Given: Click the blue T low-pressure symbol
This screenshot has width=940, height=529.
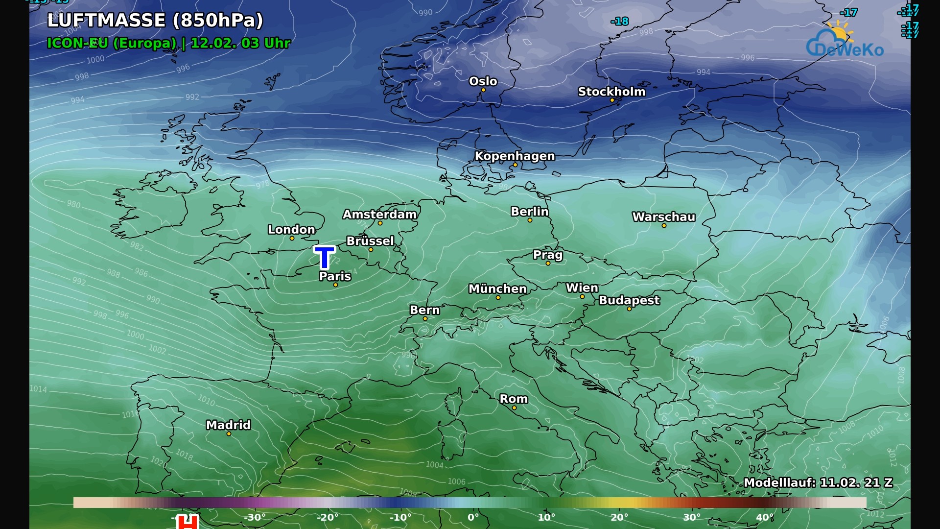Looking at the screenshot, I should coord(324,257).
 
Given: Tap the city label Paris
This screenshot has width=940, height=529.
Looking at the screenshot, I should coord(335,276).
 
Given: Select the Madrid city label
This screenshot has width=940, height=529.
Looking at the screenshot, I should coord(228,425).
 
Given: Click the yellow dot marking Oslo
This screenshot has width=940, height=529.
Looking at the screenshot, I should coord(483,90).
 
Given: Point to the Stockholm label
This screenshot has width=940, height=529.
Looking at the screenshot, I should coord(611,92).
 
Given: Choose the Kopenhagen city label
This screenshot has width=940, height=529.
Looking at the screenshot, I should coord(515,156).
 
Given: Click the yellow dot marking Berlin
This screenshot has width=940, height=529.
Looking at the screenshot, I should coord(530,220).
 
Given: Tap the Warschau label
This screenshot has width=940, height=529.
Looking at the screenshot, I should coord(663,217).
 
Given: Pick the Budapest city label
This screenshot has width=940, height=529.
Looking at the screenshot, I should coord(629,300).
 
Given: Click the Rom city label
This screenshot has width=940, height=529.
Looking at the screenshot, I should coord(514,399).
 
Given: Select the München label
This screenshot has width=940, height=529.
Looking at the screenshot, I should coord(497,289).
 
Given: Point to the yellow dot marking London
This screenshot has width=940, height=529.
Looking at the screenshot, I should coord(292,239).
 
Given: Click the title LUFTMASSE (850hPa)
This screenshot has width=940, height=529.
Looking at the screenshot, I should coord(155,21).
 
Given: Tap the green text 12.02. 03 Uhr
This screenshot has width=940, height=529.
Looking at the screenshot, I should coord(240,43).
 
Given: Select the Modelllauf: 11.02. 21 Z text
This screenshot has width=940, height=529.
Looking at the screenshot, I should coord(818,482).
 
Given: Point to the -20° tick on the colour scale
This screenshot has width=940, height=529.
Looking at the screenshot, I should coord(327,517).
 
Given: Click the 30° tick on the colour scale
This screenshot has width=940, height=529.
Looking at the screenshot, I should coord(692,517).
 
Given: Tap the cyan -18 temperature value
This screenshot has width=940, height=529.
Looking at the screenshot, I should coord(620,22).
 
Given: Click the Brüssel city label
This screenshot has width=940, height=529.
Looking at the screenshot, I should coord(370,241).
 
